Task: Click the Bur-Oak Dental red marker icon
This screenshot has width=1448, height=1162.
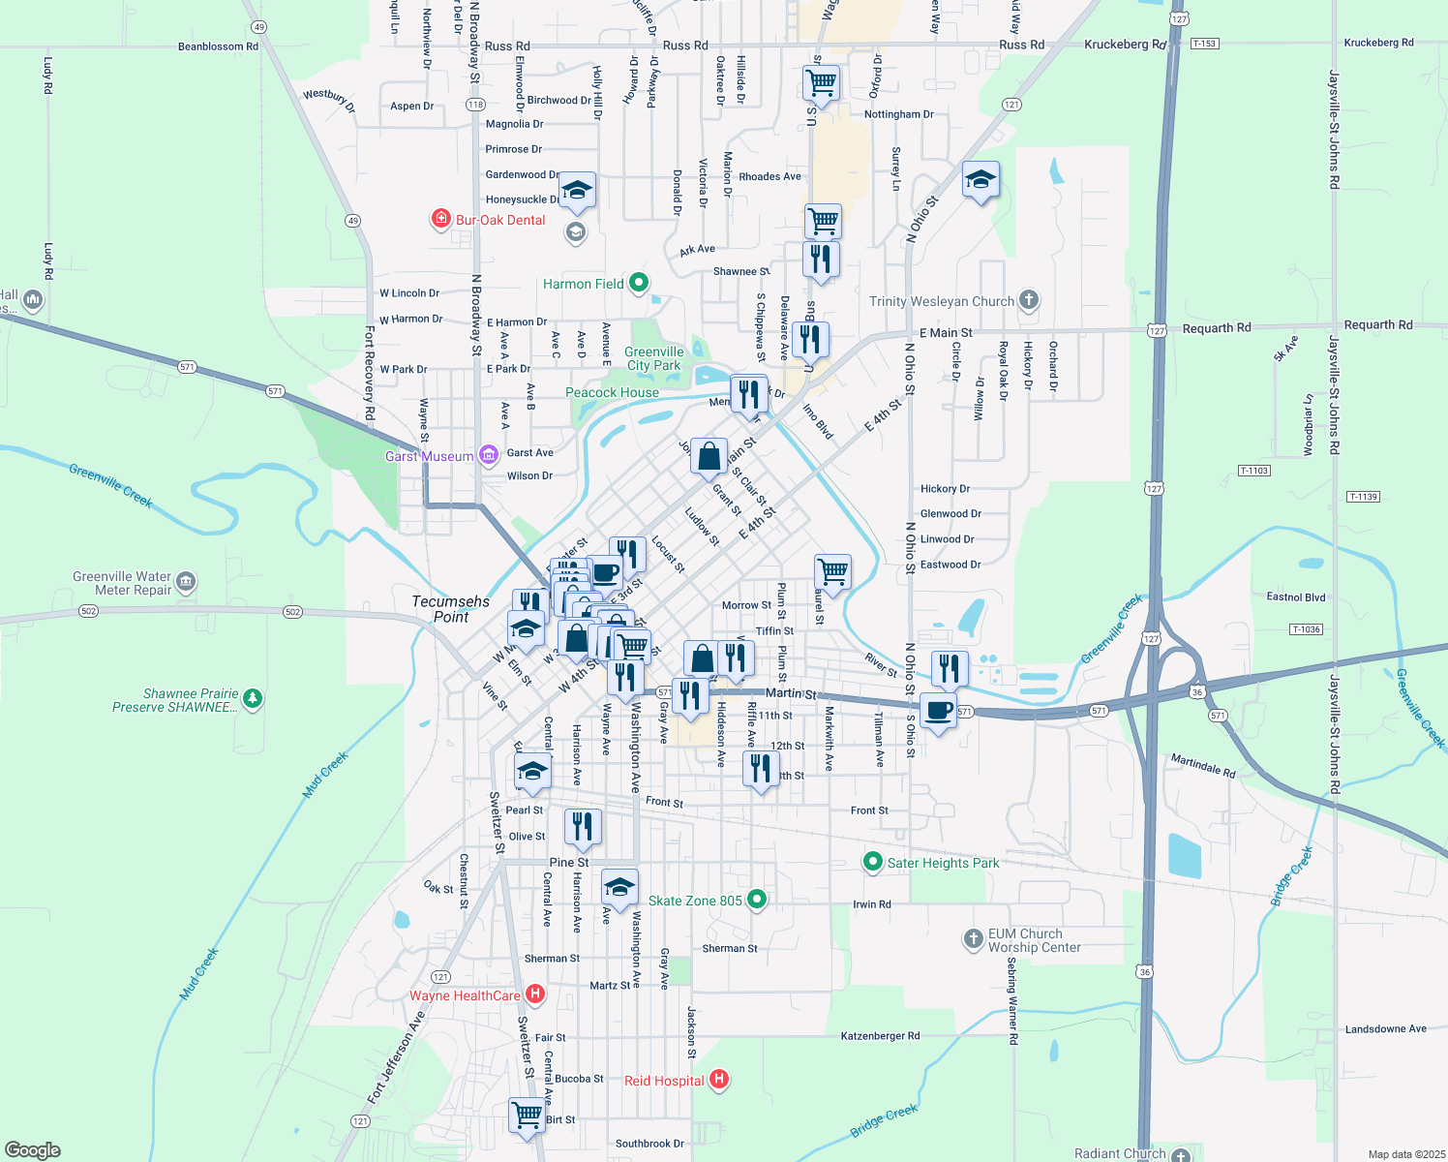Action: (441, 219)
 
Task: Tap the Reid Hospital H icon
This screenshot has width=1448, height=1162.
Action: (718, 1079)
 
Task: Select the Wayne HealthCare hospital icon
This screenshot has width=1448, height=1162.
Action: (534, 994)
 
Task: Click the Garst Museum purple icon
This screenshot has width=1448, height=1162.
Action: (489, 455)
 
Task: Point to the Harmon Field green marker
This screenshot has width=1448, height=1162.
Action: (639, 283)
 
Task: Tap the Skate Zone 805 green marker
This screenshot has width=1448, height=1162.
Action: (758, 900)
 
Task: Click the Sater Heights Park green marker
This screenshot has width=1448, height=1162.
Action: (872, 862)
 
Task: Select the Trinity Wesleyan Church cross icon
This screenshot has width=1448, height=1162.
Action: (1029, 300)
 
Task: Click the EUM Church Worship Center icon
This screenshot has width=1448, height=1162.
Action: (973, 938)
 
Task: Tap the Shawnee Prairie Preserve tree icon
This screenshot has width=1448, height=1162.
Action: (253, 698)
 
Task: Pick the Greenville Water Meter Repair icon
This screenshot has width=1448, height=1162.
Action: (186, 582)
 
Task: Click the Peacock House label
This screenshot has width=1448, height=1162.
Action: (612, 392)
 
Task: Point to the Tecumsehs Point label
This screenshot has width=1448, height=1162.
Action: (451, 608)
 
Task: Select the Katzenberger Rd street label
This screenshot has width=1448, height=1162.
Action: (880, 1035)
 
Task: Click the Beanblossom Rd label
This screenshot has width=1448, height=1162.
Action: (218, 46)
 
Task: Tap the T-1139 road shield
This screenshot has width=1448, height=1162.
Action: (1362, 497)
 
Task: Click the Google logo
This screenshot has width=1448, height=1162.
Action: (32, 1150)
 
